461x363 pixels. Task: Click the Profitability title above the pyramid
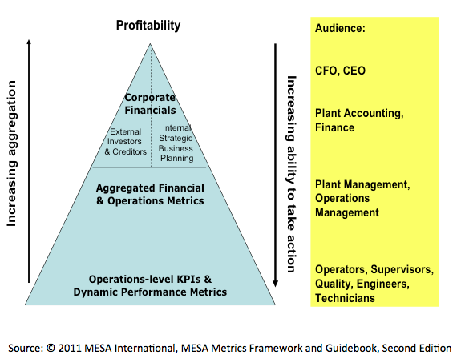(148, 25)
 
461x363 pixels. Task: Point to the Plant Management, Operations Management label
(361, 198)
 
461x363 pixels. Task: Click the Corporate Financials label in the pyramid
(150, 103)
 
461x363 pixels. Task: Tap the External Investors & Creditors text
(127, 141)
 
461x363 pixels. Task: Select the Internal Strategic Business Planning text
(176, 143)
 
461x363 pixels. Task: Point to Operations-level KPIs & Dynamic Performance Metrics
(150, 286)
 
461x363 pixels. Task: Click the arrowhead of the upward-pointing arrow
(29, 46)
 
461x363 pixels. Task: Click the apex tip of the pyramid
(150, 44)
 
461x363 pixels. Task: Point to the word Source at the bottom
(26, 349)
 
